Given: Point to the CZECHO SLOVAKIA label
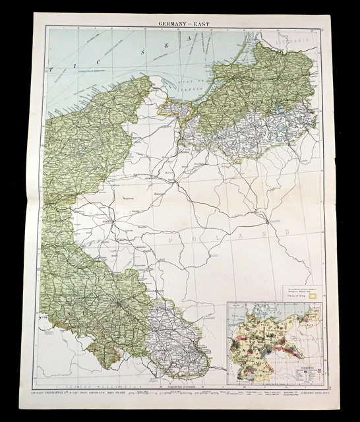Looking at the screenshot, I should pos(99,382).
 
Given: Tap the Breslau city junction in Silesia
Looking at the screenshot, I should pos(117,303).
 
